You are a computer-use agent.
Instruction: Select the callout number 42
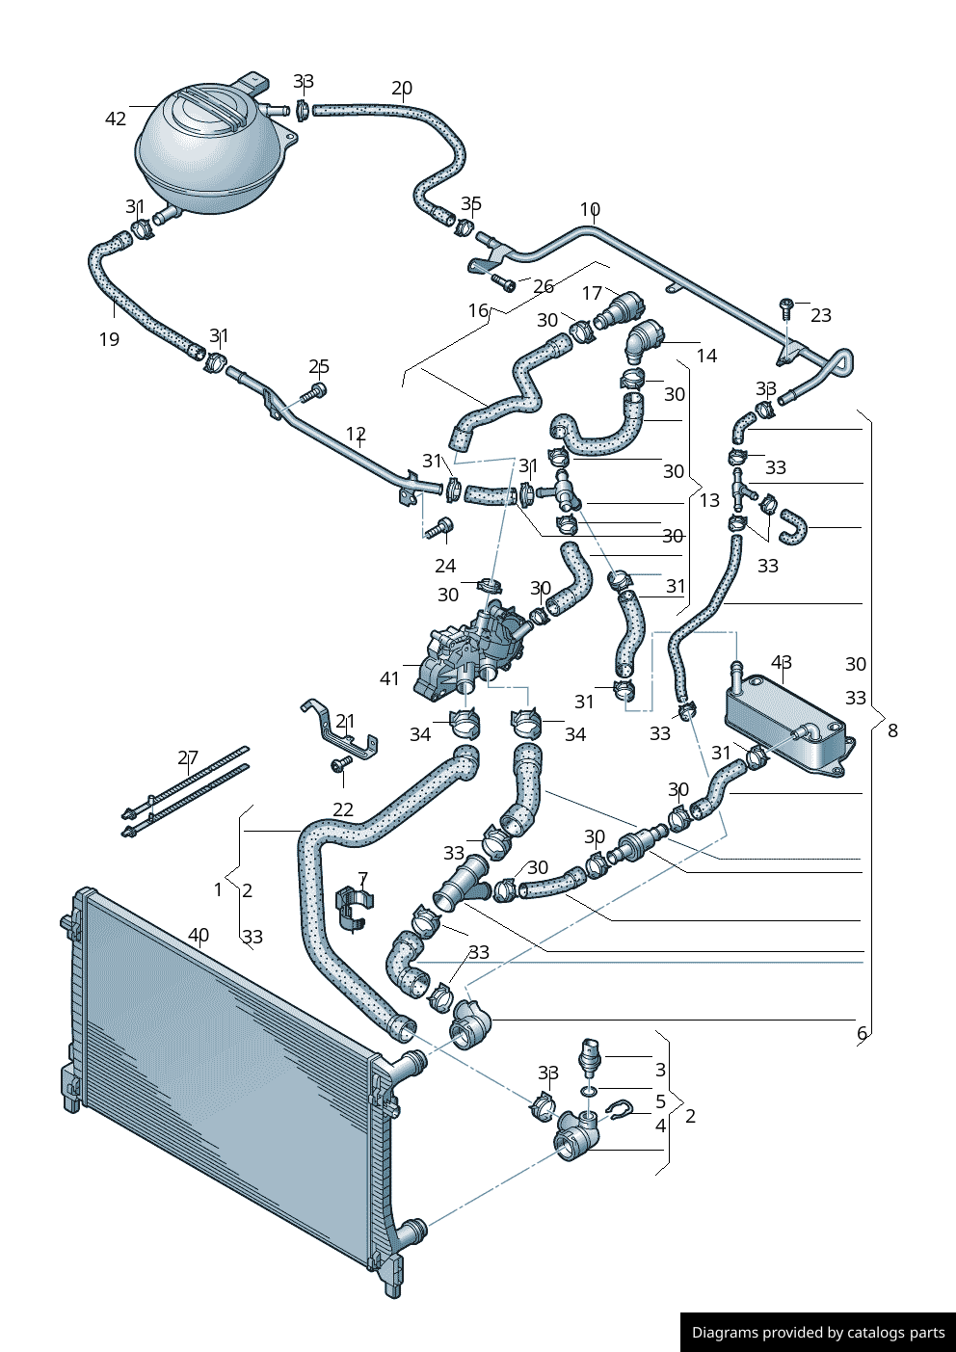(116, 119)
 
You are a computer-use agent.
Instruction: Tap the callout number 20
(402, 89)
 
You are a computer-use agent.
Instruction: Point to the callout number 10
(590, 209)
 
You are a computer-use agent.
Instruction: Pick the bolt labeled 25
(314, 392)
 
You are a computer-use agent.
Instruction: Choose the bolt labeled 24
(441, 526)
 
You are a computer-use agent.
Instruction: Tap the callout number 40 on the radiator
(199, 935)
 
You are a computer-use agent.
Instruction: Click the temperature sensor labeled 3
(590, 1057)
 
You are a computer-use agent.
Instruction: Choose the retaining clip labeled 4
(619, 1111)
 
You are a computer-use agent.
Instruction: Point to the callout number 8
(892, 730)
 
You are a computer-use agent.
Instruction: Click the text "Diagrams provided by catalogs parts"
(818, 1333)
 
